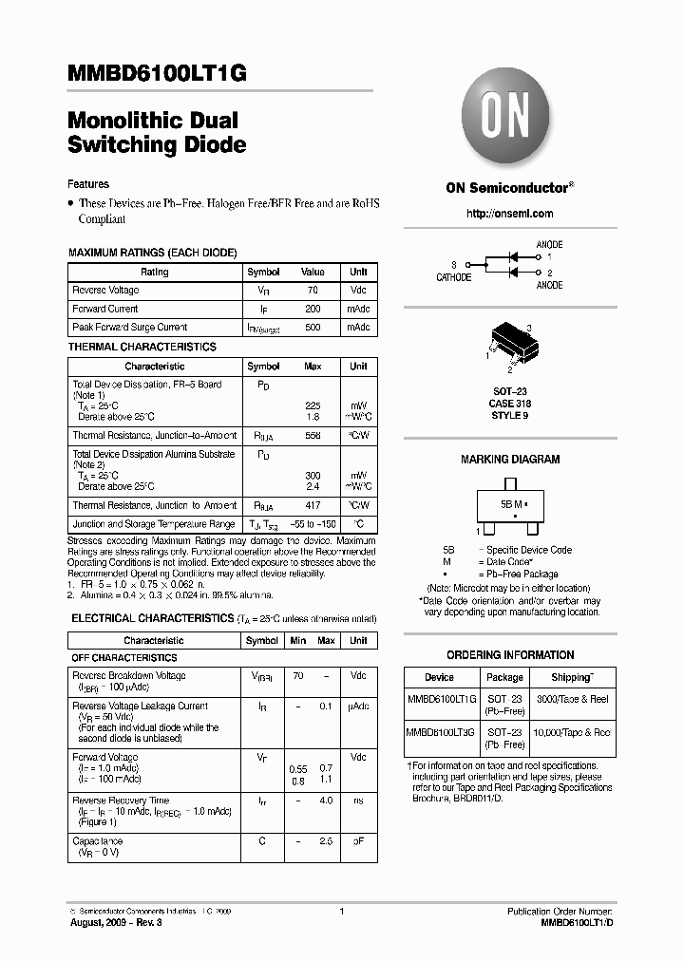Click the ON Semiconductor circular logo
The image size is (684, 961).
click(x=509, y=119)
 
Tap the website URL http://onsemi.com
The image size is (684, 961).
click(x=509, y=214)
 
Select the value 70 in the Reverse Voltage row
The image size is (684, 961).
click(x=313, y=291)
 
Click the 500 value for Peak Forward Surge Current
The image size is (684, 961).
click(x=313, y=327)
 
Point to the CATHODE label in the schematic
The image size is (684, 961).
click(x=453, y=277)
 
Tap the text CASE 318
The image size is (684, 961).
click(x=509, y=402)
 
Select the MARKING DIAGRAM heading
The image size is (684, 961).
click(x=510, y=460)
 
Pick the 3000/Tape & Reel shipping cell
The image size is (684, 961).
click(x=573, y=699)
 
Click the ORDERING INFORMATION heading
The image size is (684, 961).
click(x=510, y=655)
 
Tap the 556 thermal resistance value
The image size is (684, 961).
click(x=313, y=435)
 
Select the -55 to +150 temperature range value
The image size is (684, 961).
click(x=313, y=524)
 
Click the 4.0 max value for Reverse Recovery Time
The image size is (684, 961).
click(x=326, y=801)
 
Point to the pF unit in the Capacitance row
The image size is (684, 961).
click(x=358, y=841)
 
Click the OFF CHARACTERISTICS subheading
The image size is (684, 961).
click(x=124, y=657)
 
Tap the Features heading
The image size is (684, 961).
click(x=88, y=184)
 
